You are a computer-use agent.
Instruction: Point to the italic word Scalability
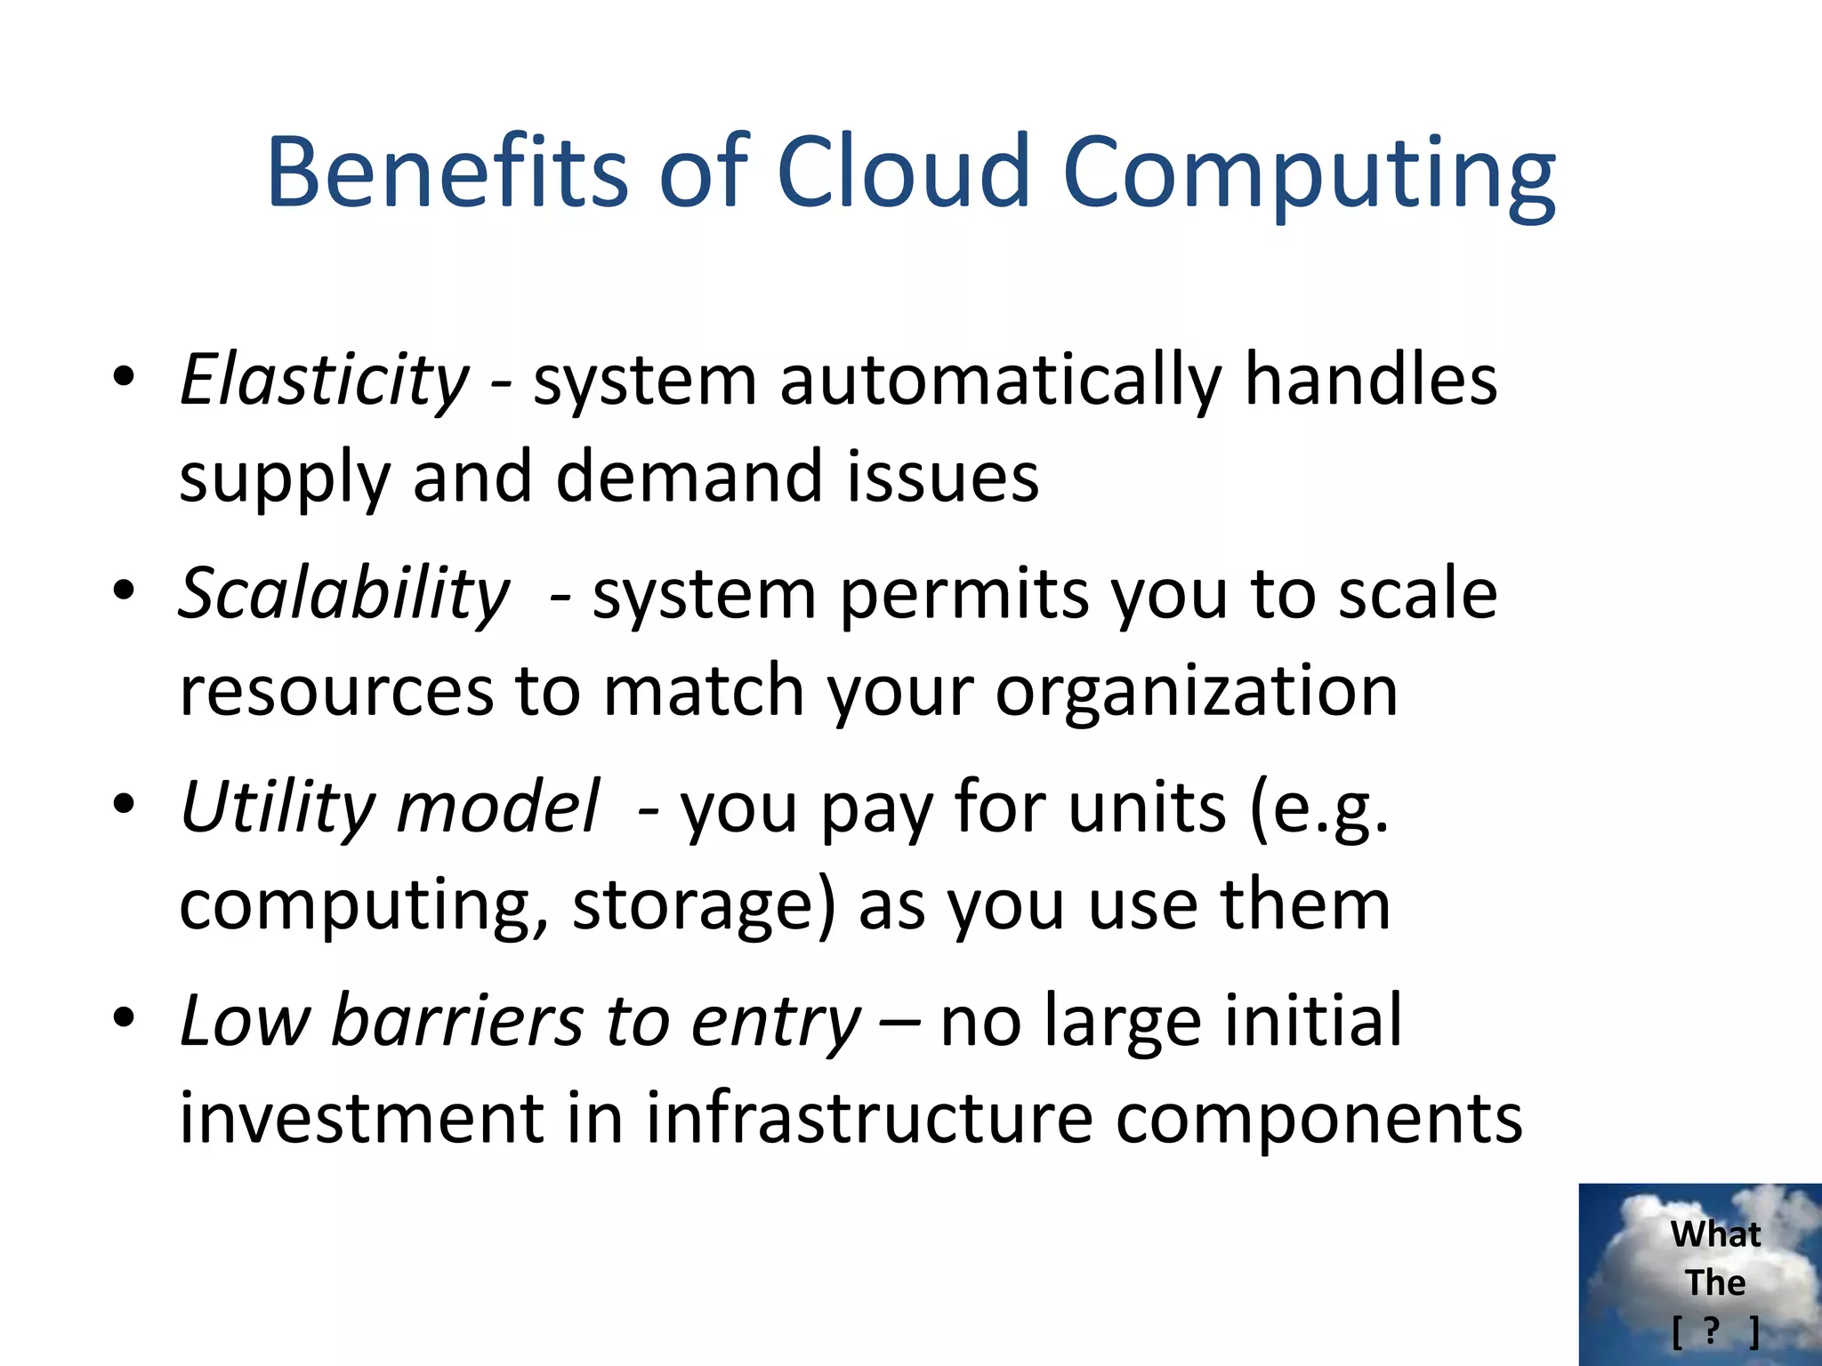[x=344, y=594]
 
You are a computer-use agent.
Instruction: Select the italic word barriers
[x=456, y=1021]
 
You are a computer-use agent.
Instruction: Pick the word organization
[x=1197, y=692]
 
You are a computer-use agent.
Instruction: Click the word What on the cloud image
[x=1715, y=1234]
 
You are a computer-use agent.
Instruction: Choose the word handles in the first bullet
[x=1370, y=381]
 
